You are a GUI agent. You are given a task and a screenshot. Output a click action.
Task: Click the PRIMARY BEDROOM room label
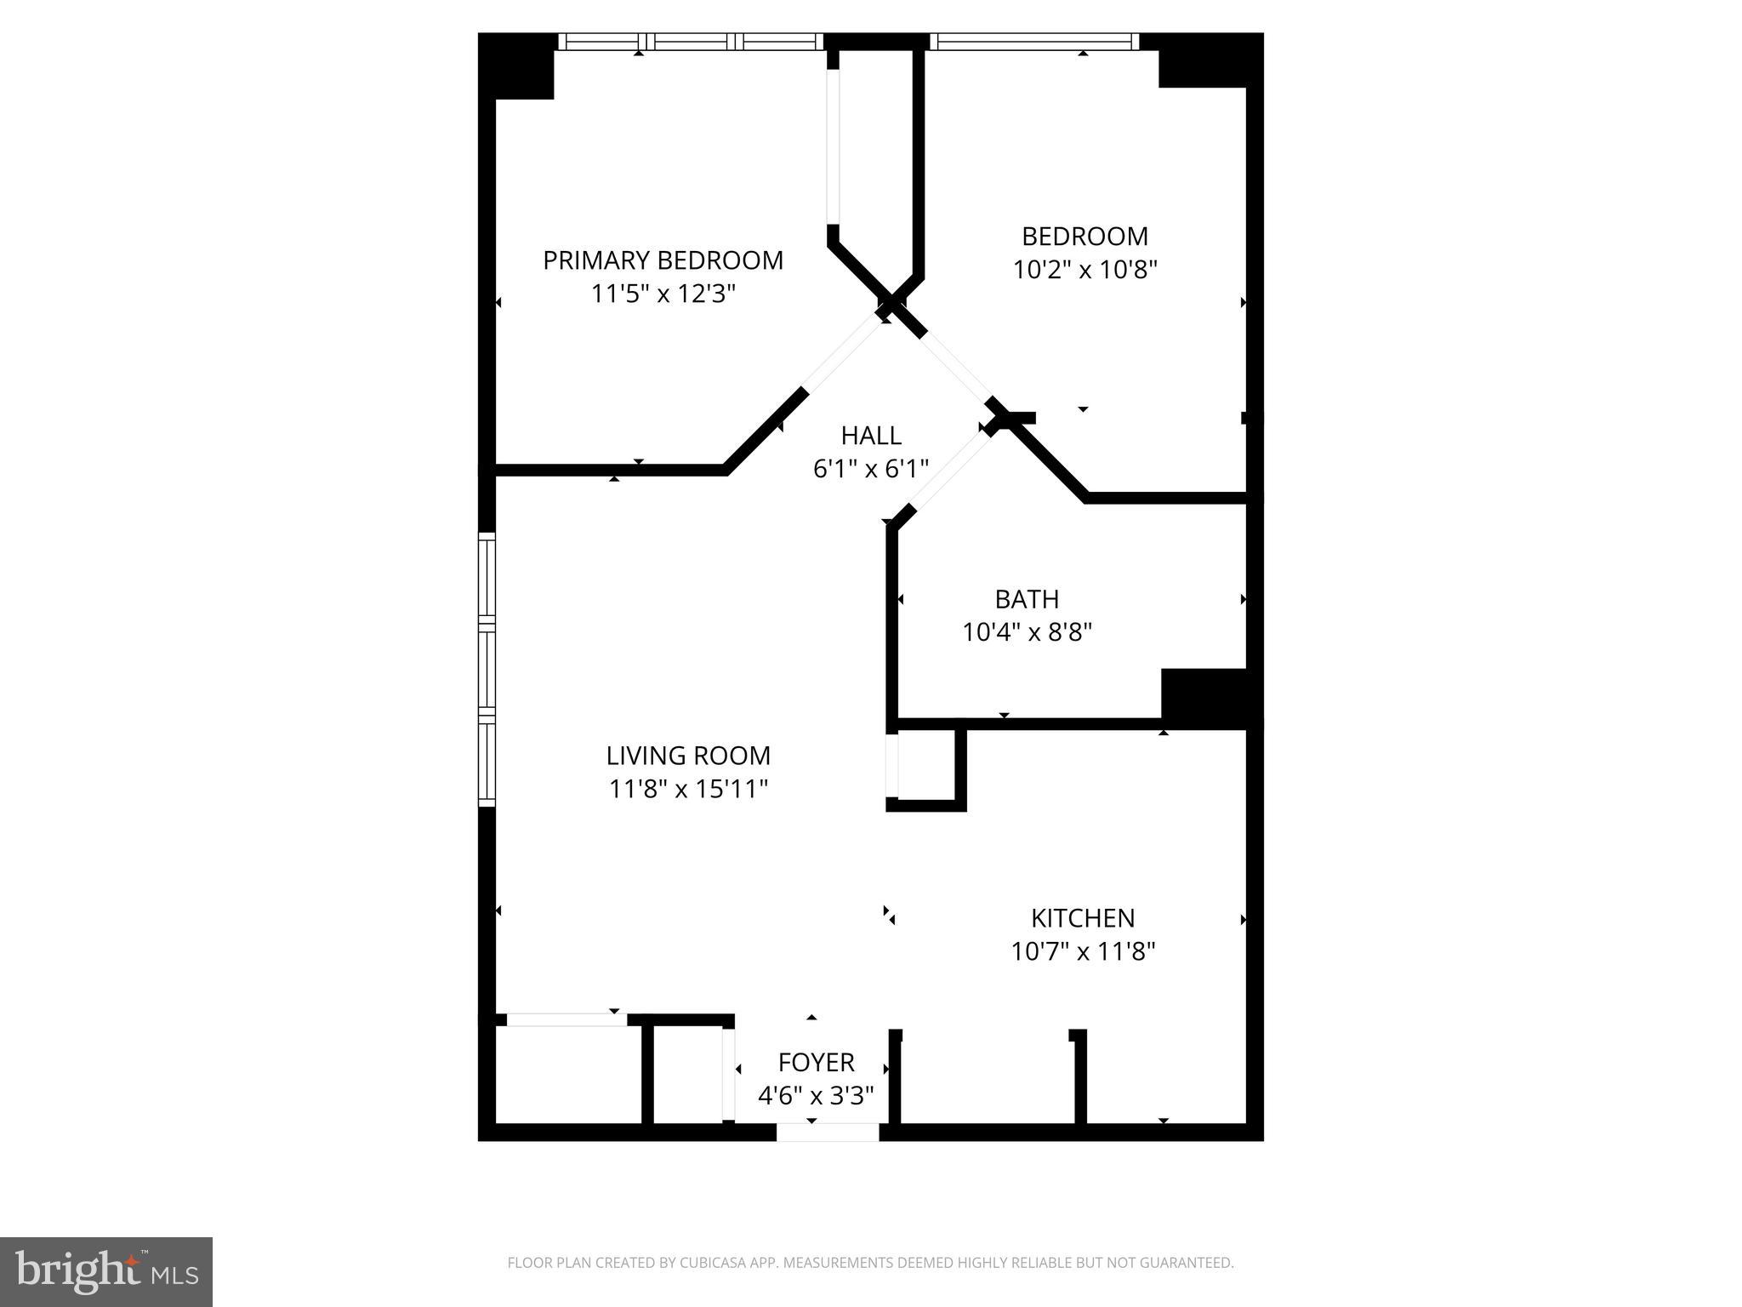pyautogui.click(x=663, y=260)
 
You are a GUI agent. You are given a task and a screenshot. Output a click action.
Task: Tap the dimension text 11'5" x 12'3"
pyautogui.click(x=663, y=294)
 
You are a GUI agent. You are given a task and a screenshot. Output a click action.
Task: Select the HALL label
pyautogui.click(x=871, y=436)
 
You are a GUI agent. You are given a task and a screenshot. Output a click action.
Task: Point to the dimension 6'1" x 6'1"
pyautogui.click(x=871, y=469)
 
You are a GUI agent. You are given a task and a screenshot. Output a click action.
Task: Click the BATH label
pyautogui.click(x=1027, y=599)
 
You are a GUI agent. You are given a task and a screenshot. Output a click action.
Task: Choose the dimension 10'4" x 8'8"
pyautogui.click(x=1027, y=632)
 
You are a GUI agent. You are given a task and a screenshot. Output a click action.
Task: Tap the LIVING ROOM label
pyautogui.click(x=688, y=756)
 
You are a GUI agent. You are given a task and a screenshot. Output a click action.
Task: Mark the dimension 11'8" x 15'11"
pyautogui.click(x=688, y=790)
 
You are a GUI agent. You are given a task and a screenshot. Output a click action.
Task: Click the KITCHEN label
pyautogui.click(x=1083, y=918)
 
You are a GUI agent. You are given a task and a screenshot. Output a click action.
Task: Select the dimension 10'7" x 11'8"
pyautogui.click(x=1083, y=951)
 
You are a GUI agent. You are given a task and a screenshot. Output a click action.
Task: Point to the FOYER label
pyautogui.click(x=816, y=1063)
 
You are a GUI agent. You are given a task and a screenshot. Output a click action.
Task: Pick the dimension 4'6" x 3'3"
pyautogui.click(x=816, y=1096)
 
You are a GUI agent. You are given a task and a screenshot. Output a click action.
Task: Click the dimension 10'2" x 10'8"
pyautogui.click(x=1084, y=270)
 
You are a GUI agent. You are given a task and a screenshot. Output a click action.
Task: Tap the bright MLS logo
pyautogui.click(x=106, y=1272)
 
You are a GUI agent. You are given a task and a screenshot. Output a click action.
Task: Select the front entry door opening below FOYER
pyautogui.click(x=827, y=1133)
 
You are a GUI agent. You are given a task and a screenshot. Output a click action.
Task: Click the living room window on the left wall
pyautogui.click(x=487, y=669)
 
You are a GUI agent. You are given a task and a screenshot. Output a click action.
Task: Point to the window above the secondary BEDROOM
pyautogui.click(x=1033, y=42)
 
